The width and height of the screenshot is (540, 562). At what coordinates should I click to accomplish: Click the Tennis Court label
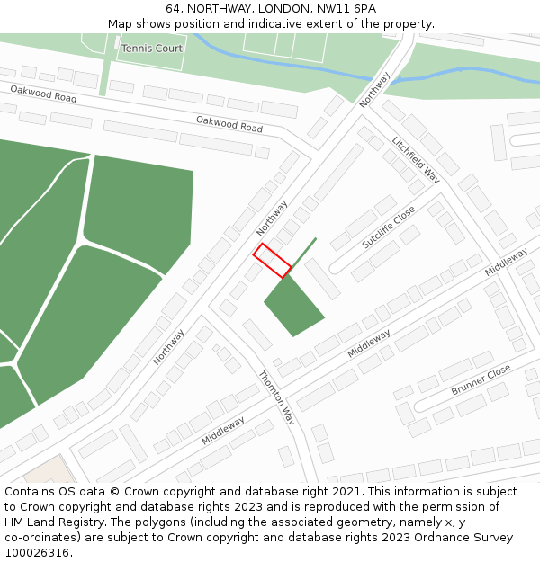pos(151,49)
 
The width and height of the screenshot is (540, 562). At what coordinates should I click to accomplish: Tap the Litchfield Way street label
pos(415,158)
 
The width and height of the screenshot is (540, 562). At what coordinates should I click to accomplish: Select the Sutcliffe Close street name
pos(388,227)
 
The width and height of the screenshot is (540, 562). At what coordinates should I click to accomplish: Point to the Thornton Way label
pos(276,397)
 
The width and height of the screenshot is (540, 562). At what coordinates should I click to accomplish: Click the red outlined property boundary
pos(271,261)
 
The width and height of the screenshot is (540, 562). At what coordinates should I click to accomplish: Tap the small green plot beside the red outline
pos(293,306)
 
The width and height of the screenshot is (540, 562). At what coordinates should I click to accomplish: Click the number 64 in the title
pos(173,9)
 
